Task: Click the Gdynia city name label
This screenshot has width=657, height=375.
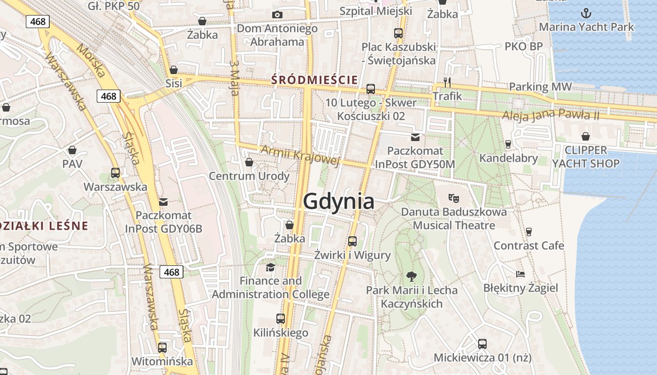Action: (x=338, y=201)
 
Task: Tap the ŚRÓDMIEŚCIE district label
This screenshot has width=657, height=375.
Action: (x=314, y=80)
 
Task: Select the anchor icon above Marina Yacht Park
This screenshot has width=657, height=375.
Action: (x=586, y=13)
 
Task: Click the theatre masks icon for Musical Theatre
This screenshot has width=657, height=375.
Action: (x=453, y=198)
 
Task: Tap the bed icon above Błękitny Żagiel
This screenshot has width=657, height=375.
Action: (x=520, y=274)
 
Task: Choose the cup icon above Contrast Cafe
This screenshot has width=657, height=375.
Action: (x=529, y=232)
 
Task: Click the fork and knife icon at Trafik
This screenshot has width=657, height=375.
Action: (x=447, y=82)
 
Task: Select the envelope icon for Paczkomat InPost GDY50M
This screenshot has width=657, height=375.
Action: (x=415, y=137)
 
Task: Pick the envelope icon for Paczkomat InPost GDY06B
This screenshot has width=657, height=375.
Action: (x=163, y=202)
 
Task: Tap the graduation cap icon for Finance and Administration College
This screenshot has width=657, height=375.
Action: (x=270, y=267)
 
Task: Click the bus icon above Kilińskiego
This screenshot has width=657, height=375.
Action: (x=281, y=319)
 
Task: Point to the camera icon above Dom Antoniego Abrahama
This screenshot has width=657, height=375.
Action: (x=277, y=15)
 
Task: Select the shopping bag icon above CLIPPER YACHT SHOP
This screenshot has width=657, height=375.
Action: (x=586, y=136)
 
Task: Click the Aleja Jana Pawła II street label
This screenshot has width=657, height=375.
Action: (x=551, y=115)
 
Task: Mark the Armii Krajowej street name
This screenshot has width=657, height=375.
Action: (x=299, y=155)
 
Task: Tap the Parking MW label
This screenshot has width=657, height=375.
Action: (x=541, y=87)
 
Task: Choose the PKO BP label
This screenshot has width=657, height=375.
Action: (x=524, y=46)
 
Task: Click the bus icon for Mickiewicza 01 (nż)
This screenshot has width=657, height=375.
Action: (x=482, y=344)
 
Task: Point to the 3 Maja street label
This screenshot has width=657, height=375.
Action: (x=235, y=78)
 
